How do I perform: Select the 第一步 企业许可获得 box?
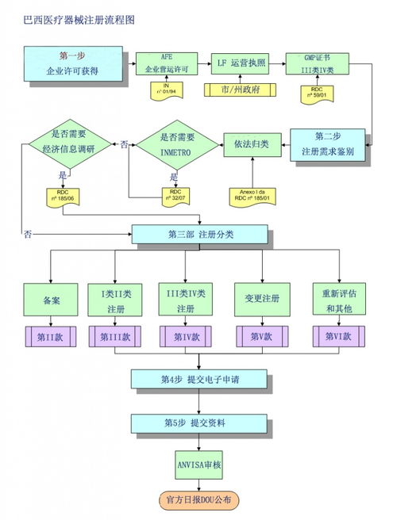73,63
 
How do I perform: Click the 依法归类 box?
251,144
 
